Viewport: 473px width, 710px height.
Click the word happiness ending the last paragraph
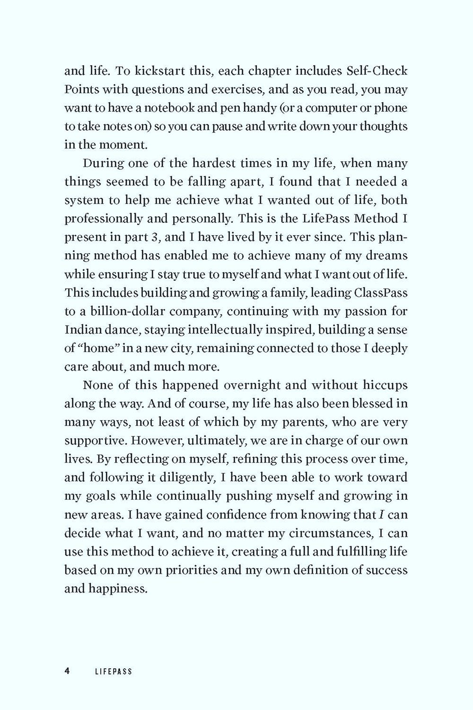(x=116, y=589)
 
